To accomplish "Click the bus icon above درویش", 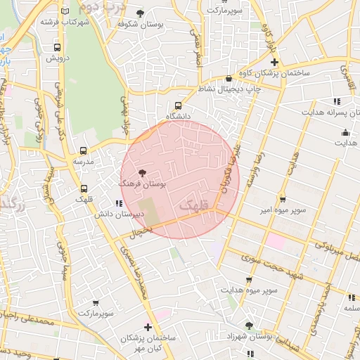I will [57, 48].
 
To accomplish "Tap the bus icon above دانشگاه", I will [177, 105].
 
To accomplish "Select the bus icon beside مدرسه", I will [84, 150].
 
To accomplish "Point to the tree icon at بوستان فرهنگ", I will [142, 173].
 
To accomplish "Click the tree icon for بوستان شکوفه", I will [141, 13].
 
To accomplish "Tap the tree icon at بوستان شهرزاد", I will [248, 325].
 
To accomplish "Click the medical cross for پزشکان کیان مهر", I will [148, 327].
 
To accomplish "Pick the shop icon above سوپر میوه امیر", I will [283, 200].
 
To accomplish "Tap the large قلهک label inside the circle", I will [195, 206].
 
